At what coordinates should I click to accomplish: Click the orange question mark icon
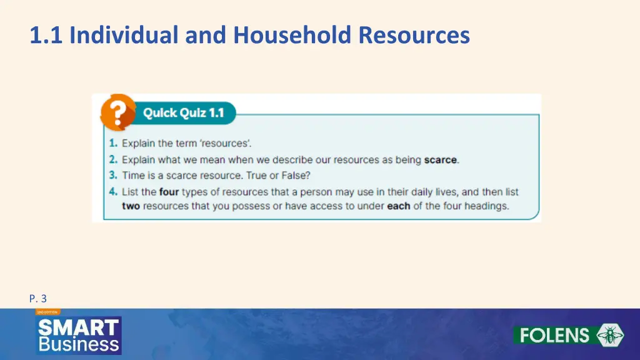click(x=118, y=112)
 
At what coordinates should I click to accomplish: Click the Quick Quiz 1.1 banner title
click(x=183, y=113)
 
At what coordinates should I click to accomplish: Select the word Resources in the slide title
click(x=414, y=35)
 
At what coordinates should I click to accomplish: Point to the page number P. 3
click(x=37, y=299)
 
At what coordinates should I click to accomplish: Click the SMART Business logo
click(x=78, y=335)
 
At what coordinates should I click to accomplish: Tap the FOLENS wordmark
click(x=554, y=336)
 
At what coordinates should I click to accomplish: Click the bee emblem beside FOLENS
click(x=610, y=336)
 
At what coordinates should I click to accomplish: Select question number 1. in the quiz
click(x=112, y=144)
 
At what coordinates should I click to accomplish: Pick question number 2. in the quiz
click(x=112, y=159)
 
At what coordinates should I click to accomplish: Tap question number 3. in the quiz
click(x=112, y=176)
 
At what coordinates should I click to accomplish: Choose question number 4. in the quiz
click(x=112, y=192)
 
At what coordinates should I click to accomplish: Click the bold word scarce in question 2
click(x=441, y=159)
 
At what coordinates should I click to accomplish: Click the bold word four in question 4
click(x=169, y=192)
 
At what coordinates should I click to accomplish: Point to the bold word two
click(x=131, y=206)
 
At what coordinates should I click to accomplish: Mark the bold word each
click(x=398, y=206)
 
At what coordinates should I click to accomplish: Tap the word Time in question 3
click(x=132, y=176)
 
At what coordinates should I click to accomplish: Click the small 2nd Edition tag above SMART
click(x=47, y=311)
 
